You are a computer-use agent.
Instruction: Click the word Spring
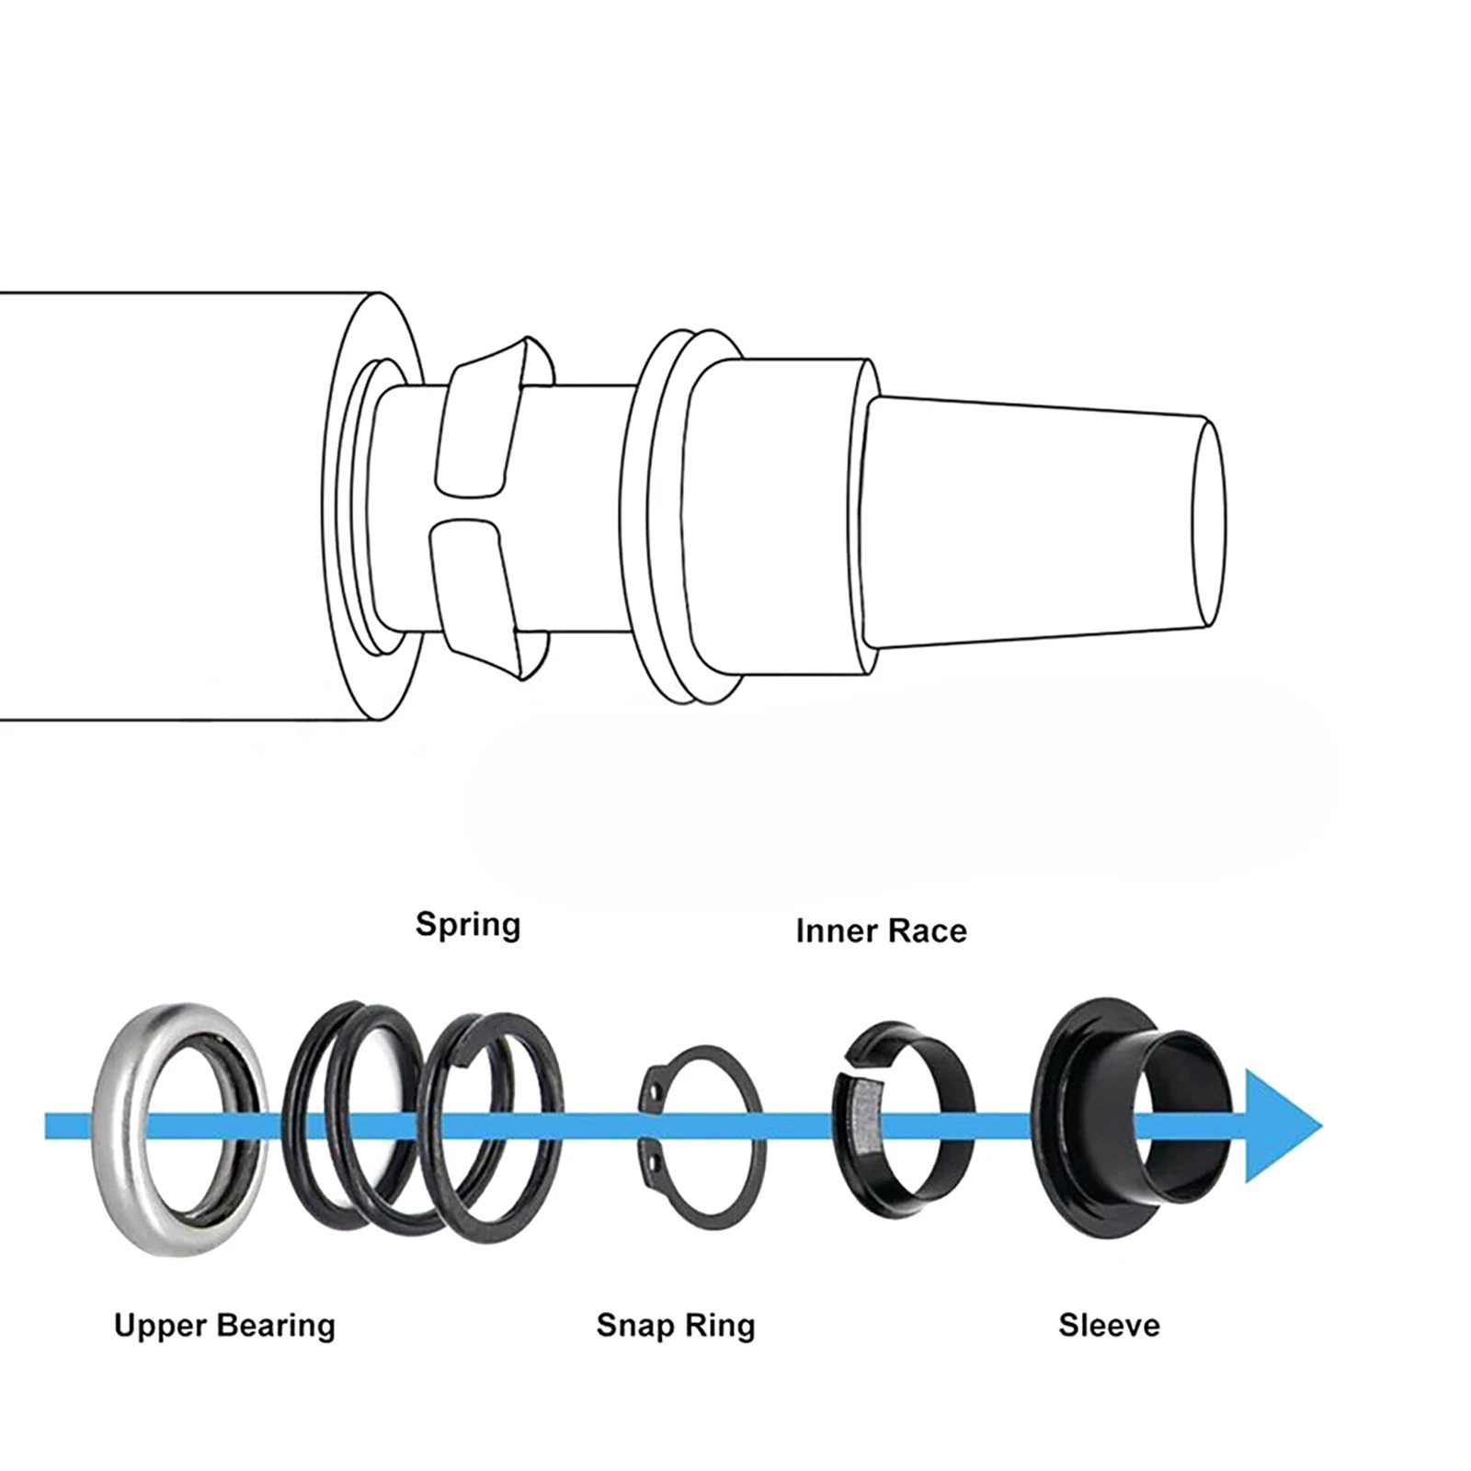coord(468,924)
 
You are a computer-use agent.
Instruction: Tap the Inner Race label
coord(881,930)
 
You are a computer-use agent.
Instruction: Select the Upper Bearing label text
coord(224,1325)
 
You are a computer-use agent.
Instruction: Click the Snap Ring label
coord(676,1325)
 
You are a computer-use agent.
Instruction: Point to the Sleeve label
coord(1109,1325)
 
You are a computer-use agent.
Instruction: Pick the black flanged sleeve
coord(1066,1057)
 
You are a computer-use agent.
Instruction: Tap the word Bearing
coord(278,1325)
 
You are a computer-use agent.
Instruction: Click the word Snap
coord(631,1325)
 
